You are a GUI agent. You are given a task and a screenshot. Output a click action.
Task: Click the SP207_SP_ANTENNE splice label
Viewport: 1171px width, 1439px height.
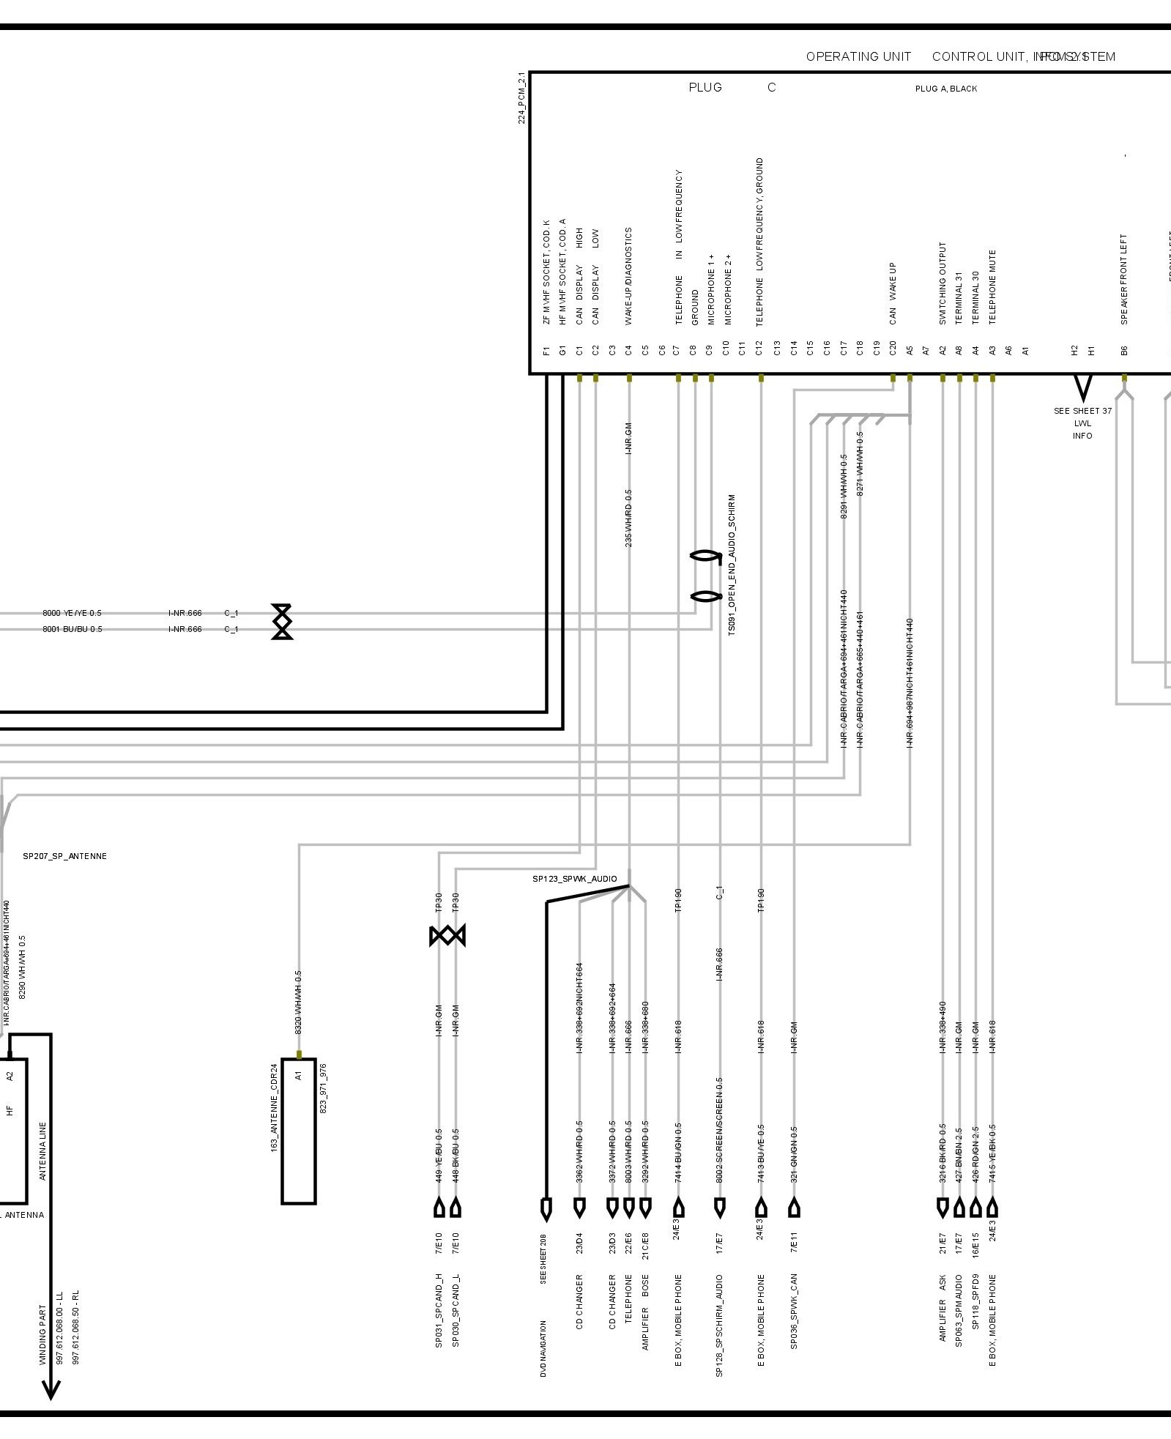point(64,856)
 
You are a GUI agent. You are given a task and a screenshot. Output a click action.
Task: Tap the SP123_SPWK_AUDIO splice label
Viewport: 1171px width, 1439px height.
point(574,879)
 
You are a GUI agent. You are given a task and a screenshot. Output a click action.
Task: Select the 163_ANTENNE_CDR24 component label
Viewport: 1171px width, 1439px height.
point(275,1108)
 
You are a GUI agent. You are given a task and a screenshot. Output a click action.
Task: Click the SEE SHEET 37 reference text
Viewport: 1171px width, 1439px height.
point(1082,411)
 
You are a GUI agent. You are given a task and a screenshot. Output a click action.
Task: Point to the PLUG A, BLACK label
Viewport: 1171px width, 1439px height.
point(945,89)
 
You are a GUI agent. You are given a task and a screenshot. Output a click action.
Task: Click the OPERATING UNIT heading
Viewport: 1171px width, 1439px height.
point(858,56)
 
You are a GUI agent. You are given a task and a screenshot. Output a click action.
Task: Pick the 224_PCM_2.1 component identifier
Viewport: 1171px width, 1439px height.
point(521,97)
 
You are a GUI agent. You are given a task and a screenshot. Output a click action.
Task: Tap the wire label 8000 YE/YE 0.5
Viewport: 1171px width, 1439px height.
point(72,613)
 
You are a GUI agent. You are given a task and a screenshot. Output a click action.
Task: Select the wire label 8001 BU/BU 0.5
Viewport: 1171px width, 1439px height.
point(72,629)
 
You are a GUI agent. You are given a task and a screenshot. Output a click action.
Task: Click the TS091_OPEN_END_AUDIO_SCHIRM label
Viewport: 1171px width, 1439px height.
point(732,565)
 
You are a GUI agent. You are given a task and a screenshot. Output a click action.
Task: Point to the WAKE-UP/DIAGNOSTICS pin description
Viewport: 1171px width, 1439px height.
point(628,275)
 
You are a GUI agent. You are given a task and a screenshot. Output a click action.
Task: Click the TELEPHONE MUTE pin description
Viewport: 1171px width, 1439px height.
point(992,287)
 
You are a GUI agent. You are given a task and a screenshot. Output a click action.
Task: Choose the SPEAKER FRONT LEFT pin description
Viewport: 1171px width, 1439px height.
point(1124,279)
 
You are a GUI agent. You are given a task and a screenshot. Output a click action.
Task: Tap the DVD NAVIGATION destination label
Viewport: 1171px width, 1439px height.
point(544,1349)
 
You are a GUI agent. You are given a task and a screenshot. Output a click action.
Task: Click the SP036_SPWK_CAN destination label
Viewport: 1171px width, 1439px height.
point(794,1312)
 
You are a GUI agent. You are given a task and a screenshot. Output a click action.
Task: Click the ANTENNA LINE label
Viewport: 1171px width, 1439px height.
point(42,1151)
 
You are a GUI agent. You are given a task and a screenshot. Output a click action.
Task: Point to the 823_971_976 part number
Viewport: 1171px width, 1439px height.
point(323,1089)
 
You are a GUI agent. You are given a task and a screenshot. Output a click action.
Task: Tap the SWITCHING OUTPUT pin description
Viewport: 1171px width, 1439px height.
point(943,283)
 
